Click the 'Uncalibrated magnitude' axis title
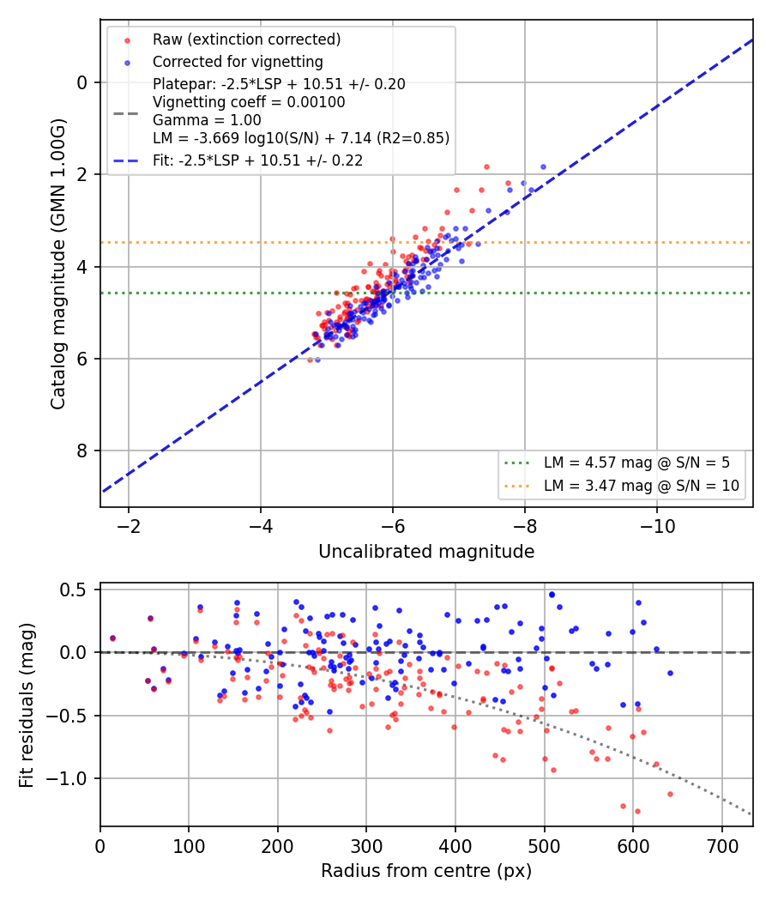click(426, 552)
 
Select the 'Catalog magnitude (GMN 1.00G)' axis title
click(58, 264)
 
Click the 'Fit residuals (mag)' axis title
click(27, 705)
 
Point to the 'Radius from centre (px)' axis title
click(426, 871)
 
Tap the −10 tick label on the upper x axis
click(657, 526)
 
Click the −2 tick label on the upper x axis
click(129, 526)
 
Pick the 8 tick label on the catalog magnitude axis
click(82, 451)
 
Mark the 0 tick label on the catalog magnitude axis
click(82, 82)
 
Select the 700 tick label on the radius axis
click(722, 846)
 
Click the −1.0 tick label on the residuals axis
click(69, 778)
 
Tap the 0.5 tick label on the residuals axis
click(76, 590)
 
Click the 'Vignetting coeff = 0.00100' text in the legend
click(249, 102)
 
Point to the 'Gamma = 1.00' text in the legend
click(207, 120)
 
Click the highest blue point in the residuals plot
click(552, 595)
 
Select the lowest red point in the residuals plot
click(637, 812)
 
